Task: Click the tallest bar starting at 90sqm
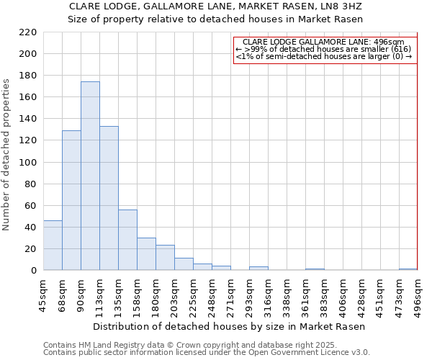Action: (90, 176)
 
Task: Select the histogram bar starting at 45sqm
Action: (53, 246)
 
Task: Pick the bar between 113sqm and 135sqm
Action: (109, 198)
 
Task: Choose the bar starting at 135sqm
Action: (127, 240)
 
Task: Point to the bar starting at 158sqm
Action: (146, 254)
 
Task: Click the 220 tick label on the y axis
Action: (27, 32)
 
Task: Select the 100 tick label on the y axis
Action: (27, 162)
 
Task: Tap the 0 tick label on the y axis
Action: (33, 271)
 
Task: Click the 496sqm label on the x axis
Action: (418, 296)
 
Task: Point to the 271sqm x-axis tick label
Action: (230, 296)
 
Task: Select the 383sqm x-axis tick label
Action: (324, 296)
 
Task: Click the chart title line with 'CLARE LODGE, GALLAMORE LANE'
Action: (215, 6)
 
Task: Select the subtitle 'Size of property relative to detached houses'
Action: (215, 19)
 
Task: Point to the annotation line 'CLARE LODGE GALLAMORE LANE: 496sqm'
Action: (323, 42)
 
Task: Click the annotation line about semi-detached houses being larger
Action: (323, 56)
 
